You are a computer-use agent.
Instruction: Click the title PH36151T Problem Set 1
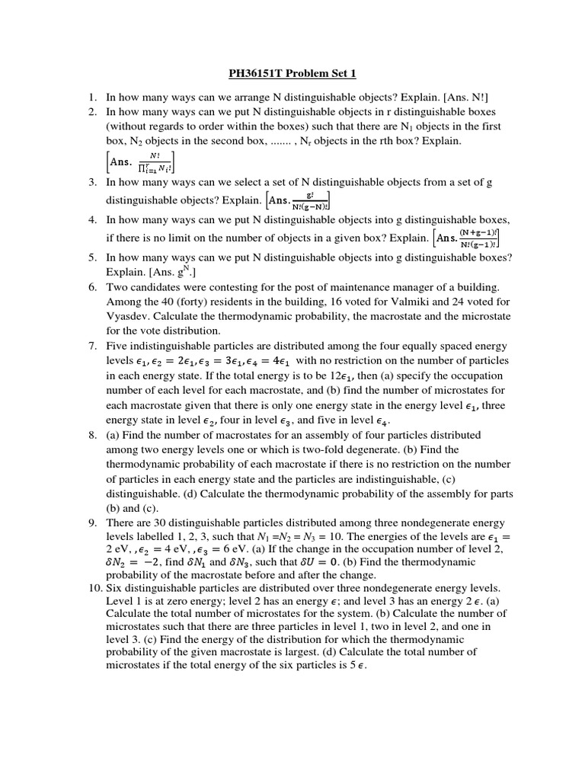(292, 74)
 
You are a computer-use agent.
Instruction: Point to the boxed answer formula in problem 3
(298, 200)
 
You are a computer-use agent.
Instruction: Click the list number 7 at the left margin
(91, 346)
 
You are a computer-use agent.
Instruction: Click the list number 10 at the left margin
(89, 588)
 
